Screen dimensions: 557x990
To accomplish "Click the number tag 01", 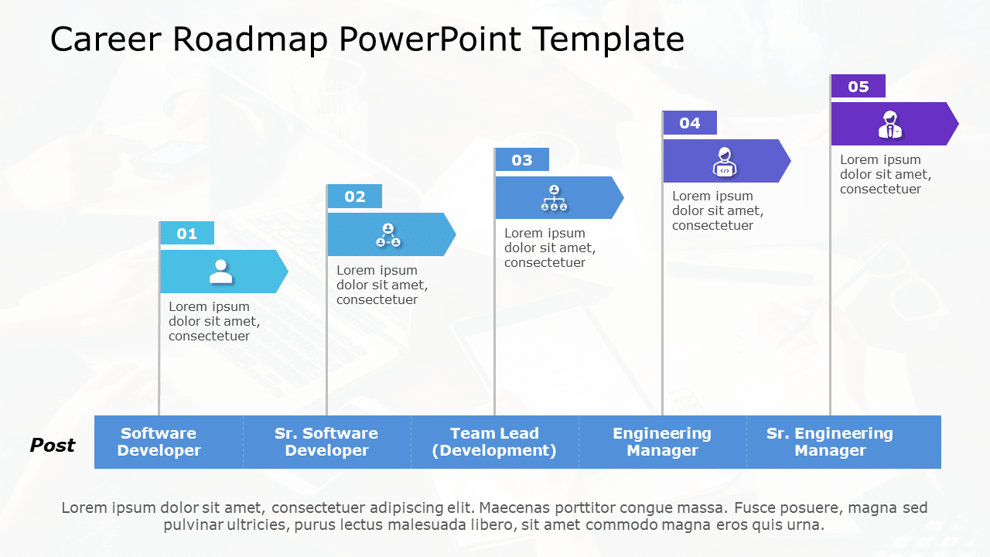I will tap(187, 234).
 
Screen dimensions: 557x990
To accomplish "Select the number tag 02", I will tap(355, 196).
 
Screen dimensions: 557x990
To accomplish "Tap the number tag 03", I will tap(522, 160).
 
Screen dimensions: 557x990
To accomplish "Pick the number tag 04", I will tap(690, 123).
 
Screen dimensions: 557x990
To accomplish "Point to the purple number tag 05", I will tap(859, 87).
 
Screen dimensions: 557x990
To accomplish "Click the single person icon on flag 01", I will tap(221, 272).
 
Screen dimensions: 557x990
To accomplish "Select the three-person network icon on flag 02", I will tap(388, 235).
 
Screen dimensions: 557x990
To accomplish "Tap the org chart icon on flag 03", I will tap(554, 198).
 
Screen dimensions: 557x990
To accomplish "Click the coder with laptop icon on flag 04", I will tap(724, 161).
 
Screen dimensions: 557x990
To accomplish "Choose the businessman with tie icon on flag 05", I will tap(890, 125).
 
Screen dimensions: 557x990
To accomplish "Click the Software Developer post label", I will tap(159, 442).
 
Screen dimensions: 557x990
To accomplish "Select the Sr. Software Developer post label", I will tap(326, 442).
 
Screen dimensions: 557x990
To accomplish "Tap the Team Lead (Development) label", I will tap(494, 442).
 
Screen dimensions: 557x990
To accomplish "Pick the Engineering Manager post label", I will tap(662, 442).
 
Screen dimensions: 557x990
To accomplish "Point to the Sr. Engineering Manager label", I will tap(830, 442).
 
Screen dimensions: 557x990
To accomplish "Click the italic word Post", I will tap(53, 446).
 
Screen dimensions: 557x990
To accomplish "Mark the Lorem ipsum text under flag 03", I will tap(550, 248).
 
